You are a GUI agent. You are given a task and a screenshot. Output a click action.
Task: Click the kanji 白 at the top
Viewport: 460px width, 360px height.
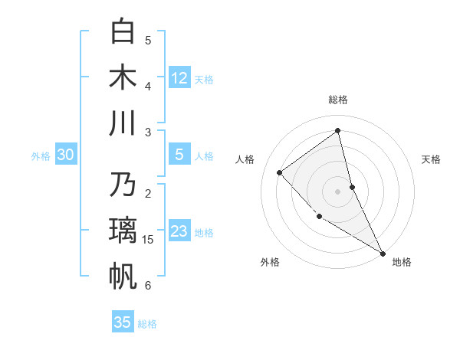point(123,32)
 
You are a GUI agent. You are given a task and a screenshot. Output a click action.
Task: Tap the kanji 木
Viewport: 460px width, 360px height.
point(123,77)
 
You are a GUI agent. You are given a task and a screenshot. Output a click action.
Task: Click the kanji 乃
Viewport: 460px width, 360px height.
point(123,185)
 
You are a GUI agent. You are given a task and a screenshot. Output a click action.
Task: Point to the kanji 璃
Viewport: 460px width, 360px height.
point(123,231)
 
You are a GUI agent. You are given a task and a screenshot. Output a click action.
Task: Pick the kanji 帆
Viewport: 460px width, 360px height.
point(123,276)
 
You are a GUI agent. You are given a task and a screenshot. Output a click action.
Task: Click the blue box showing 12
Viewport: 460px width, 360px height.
point(179,77)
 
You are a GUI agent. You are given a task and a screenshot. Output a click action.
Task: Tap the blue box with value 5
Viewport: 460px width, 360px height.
point(179,155)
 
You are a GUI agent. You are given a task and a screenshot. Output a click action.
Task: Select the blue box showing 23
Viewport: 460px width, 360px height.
point(179,231)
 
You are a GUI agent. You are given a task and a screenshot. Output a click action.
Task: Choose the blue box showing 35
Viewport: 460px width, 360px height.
point(123,322)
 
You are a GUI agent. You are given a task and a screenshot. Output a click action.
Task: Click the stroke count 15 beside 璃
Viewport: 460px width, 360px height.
point(148,240)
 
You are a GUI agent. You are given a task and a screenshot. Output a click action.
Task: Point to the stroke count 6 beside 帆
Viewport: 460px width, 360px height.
point(148,285)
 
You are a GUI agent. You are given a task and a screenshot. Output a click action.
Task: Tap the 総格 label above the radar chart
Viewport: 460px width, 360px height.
point(338,100)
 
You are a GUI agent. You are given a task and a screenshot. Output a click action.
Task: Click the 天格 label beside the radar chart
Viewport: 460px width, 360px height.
point(431,159)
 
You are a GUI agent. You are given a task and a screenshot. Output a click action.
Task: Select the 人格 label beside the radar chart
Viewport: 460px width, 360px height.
point(245,159)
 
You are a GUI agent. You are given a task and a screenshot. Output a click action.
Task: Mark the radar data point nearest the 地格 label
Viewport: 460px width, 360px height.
point(383,253)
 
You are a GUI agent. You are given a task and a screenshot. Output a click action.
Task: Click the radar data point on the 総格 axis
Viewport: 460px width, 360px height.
point(338,130)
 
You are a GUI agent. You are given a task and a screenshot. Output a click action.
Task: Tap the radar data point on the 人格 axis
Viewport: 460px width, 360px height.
point(280,172)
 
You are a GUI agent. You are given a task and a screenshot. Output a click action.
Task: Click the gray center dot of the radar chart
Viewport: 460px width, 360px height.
point(338,191)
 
